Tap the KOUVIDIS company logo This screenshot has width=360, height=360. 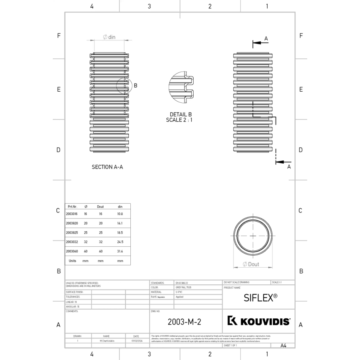(x=259, y=321)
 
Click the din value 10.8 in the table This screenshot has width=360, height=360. (x=120, y=214)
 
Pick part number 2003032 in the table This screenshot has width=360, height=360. (x=72, y=242)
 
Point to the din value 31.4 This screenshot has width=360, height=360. (x=120, y=251)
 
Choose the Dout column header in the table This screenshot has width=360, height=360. (x=100, y=206)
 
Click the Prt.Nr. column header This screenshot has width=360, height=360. (x=72, y=206)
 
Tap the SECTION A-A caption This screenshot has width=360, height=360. (x=107, y=167)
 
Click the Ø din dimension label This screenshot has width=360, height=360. (x=109, y=37)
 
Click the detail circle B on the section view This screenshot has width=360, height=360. (x=124, y=85)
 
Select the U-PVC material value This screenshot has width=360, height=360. (x=179, y=292)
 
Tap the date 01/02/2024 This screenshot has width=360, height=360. (x=136, y=341)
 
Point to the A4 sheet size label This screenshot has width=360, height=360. (x=284, y=345)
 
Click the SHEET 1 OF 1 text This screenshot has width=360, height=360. (x=230, y=345)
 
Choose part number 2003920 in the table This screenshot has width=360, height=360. (x=72, y=223)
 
